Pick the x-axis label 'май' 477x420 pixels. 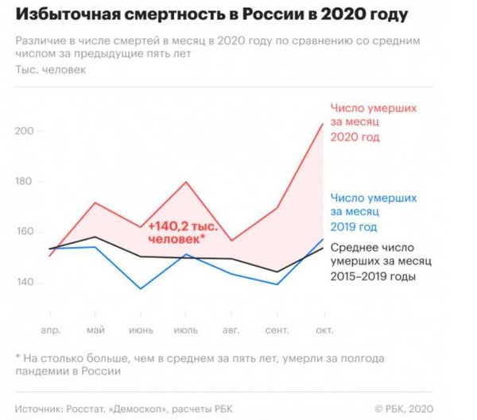click(x=95, y=328)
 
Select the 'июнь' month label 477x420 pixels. click(x=140, y=328)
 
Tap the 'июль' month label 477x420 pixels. click(x=186, y=328)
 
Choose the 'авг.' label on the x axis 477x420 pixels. click(x=232, y=328)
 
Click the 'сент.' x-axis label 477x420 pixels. click(x=277, y=328)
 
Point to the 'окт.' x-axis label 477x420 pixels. click(x=323, y=328)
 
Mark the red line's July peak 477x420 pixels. click(x=186, y=182)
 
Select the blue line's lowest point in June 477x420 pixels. click(x=141, y=288)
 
